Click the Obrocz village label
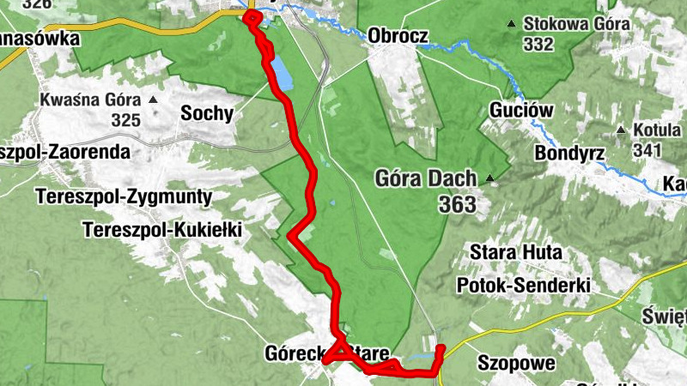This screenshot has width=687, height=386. click(398, 36)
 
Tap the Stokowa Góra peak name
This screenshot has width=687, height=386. click(570, 23)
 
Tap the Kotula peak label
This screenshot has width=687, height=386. click(657, 130)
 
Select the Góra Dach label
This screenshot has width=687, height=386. click(428, 179)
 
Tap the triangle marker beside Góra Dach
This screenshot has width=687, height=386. click(489, 179)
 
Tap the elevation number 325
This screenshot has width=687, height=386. click(125, 121)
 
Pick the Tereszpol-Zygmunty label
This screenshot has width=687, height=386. click(124, 197)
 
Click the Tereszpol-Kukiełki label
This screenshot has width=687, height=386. click(162, 230)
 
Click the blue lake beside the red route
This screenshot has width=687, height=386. click(281, 74)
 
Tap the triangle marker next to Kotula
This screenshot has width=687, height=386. click(620, 130)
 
